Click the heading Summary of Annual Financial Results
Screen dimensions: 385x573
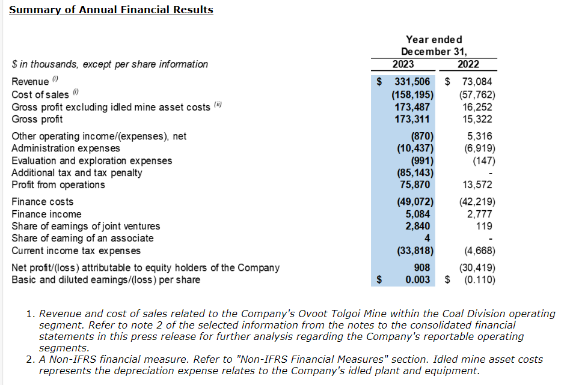[111, 10]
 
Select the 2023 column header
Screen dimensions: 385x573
[403, 64]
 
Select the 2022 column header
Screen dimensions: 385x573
[468, 64]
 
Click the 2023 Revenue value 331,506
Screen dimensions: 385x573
[412, 82]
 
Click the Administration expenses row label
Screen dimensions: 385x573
[66, 148]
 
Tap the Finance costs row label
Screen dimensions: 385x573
[43, 202]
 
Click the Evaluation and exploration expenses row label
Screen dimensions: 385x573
[91, 160]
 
